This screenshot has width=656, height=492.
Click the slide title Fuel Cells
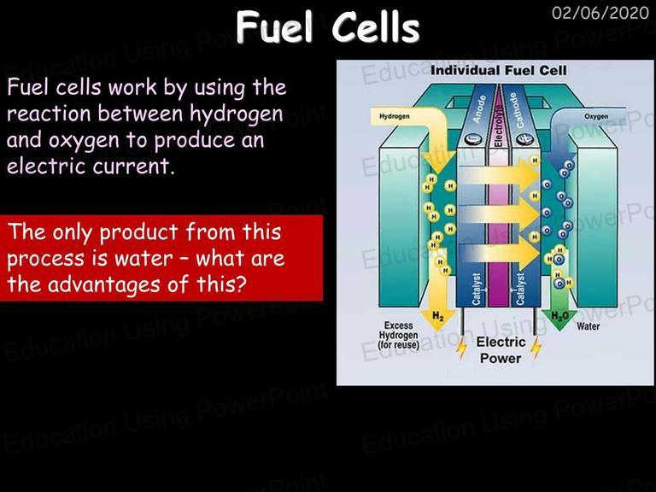coord(328,26)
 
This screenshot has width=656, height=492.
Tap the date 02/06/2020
coord(600,13)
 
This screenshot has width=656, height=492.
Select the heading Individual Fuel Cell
coord(498,70)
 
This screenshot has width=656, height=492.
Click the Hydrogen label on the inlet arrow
coord(394,116)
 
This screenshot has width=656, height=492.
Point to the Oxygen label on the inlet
coord(596,116)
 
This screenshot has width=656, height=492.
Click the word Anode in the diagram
coord(479,108)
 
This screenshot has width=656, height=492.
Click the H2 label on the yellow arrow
coord(437,316)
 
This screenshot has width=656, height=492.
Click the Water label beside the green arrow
coord(588,326)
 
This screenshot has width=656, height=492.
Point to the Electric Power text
coord(501,350)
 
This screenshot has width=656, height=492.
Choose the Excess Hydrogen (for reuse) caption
coord(398,335)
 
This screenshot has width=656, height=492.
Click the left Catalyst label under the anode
coord(477,289)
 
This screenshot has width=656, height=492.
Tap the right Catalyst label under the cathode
coord(520,289)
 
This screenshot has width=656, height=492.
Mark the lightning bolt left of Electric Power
coord(461,348)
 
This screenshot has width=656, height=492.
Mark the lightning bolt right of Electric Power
coord(536,348)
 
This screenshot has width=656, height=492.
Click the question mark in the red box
coord(239,284)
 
